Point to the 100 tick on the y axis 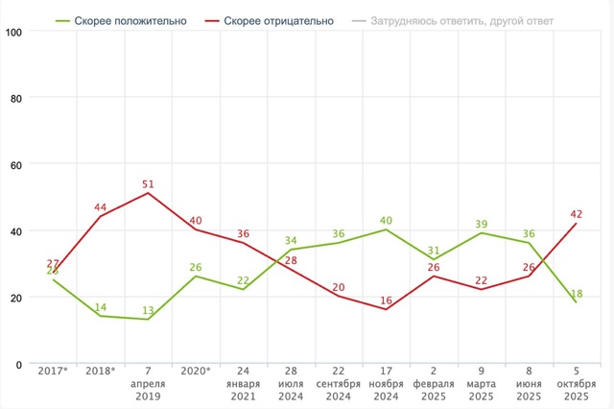pos(15,32)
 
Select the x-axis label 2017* pos(53,370)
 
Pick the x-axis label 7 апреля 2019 pos(147,382)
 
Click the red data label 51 pos(147,184)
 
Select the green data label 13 pos(147,310)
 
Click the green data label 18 pos(576,292)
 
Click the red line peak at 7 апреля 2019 pos(147,193)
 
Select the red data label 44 pos(100,207)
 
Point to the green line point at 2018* pos(100,316)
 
